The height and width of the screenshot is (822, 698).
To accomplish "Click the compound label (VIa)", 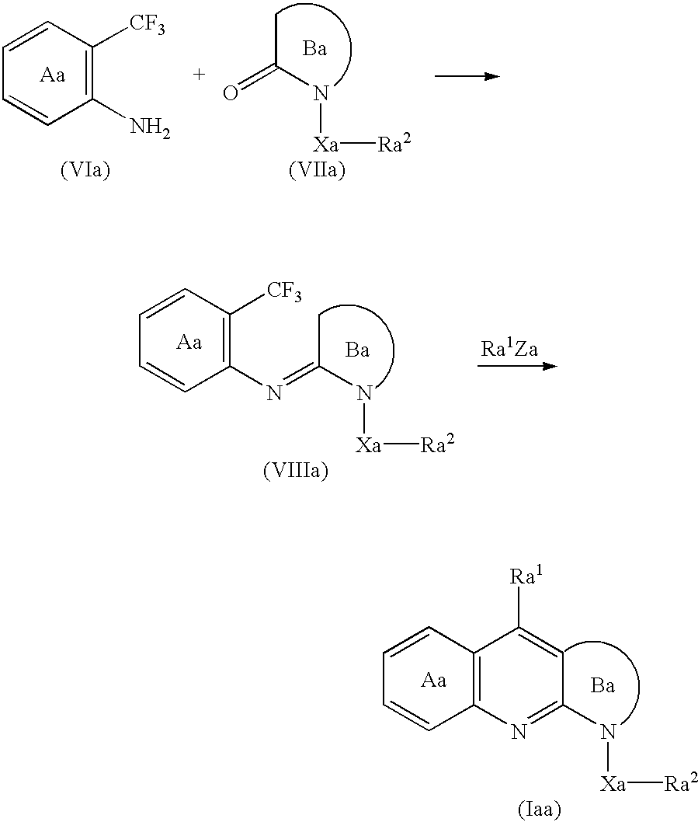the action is point(85,170).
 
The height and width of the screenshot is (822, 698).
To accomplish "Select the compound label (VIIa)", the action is point(317,170).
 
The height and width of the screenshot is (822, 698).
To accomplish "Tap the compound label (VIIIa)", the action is point(296,471).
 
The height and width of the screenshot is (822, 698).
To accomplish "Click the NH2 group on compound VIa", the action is point(150,127).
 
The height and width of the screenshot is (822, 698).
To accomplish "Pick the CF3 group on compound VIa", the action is point(148,26).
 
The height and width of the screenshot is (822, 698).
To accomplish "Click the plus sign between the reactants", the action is point(199,75).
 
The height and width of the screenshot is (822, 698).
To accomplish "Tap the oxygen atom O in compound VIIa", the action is point(231,92).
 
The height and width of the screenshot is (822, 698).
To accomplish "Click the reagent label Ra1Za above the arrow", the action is point(509,349).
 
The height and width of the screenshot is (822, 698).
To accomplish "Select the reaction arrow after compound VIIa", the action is point(467,77).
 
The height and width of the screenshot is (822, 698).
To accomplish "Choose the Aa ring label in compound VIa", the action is point(53,75).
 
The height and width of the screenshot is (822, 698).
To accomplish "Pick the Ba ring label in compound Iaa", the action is point(603,685).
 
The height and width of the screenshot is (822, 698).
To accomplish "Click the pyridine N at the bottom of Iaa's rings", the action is point(519,731).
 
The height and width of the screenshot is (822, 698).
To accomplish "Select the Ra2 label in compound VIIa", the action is point(394,143).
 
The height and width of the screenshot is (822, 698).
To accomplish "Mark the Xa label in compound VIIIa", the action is point(368,446).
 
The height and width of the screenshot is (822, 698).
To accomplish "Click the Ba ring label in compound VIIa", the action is point(314,49).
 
